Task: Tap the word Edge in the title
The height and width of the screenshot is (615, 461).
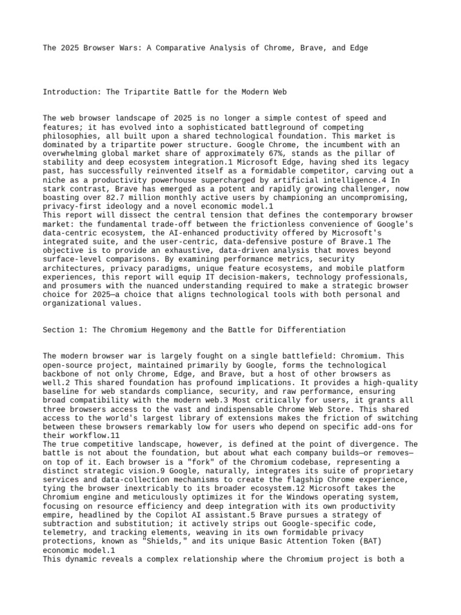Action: (x=356, y=47)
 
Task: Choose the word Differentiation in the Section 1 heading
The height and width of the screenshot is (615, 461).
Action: (x=312, y=330)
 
